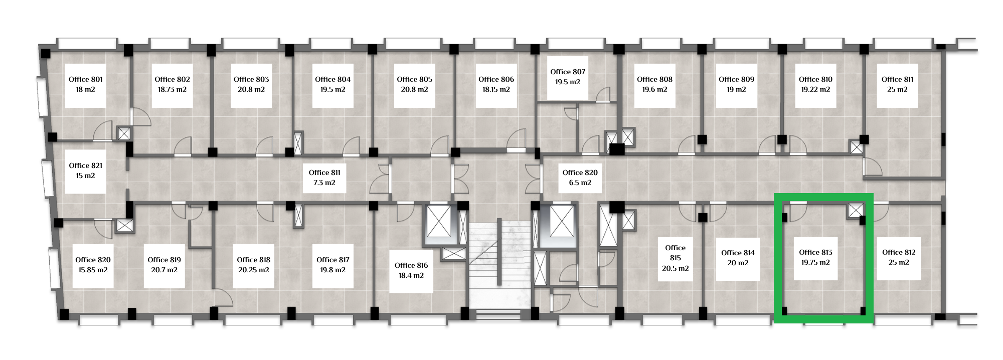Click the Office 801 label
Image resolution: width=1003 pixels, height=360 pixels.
[x=86, y=85]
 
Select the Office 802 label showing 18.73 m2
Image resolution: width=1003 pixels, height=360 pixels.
[x=172, y=85]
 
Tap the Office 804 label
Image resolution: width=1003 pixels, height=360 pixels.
[x=333, y=85]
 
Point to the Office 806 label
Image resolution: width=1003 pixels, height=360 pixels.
[x=496, y=85]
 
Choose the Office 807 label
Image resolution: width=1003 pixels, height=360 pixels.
[x=568, y=77]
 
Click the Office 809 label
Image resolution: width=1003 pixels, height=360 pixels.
[x=736, y=85]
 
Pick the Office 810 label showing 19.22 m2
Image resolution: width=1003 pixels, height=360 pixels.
[x=815, y=85]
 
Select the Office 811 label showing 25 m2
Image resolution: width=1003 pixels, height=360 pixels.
[x=897, y=85]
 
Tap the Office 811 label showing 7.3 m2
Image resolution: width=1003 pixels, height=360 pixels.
[x=324, y=177]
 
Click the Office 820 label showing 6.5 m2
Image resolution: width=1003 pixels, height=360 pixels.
[x=580, y=177]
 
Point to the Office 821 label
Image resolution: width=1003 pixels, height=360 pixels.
[x=86, y=171]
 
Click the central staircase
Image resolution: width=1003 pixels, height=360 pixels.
[x=499, y=266]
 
